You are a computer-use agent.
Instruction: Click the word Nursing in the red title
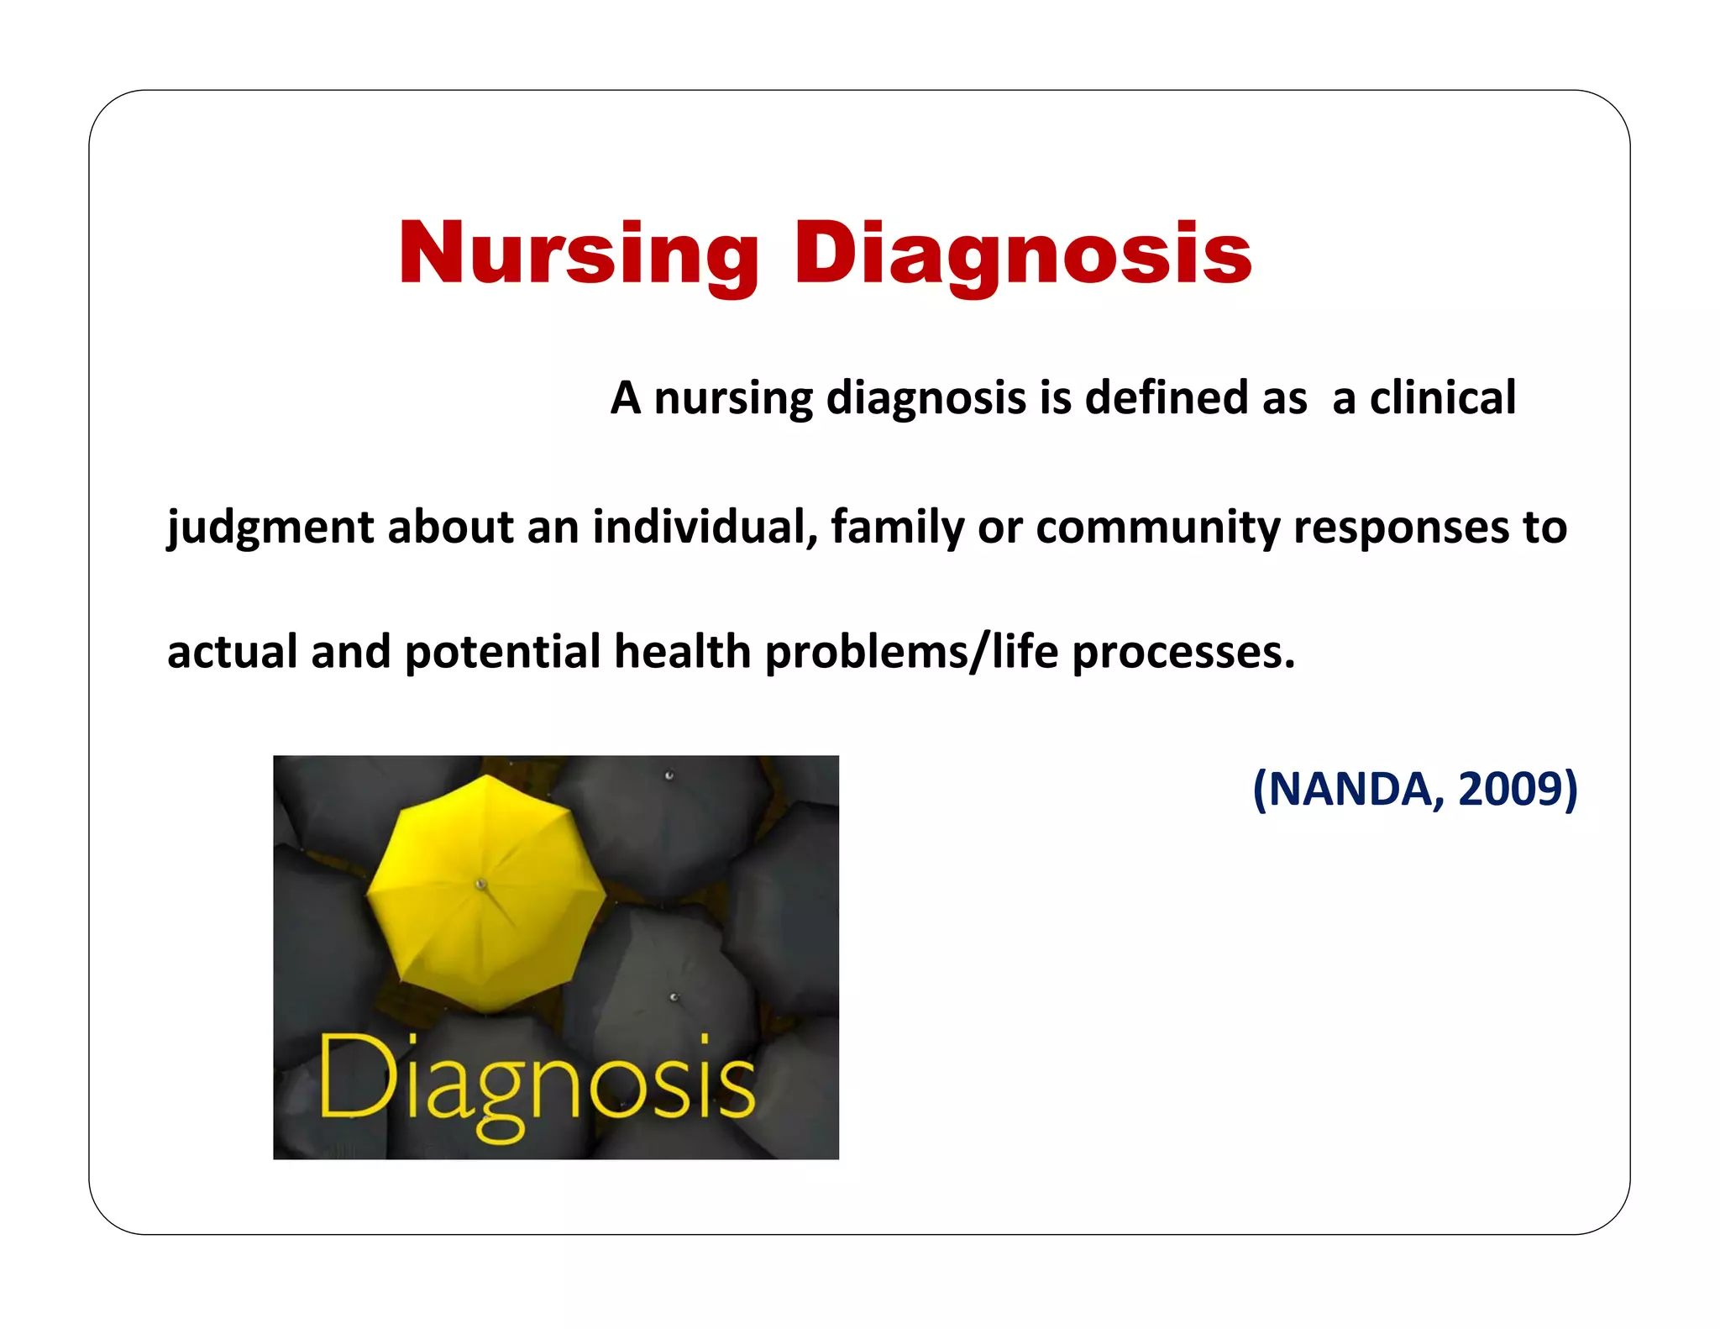578,254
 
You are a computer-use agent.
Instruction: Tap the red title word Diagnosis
1022,254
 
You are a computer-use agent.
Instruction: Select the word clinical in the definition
1443,397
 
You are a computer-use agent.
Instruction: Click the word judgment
270,528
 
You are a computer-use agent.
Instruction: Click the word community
1158,528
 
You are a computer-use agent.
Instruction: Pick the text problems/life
911,652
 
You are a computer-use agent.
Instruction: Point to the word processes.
1183,652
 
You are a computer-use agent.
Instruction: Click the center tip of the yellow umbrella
481,884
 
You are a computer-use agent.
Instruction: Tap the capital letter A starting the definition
626,397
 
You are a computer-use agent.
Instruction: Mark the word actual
232,652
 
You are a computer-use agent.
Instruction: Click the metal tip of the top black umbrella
669,775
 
